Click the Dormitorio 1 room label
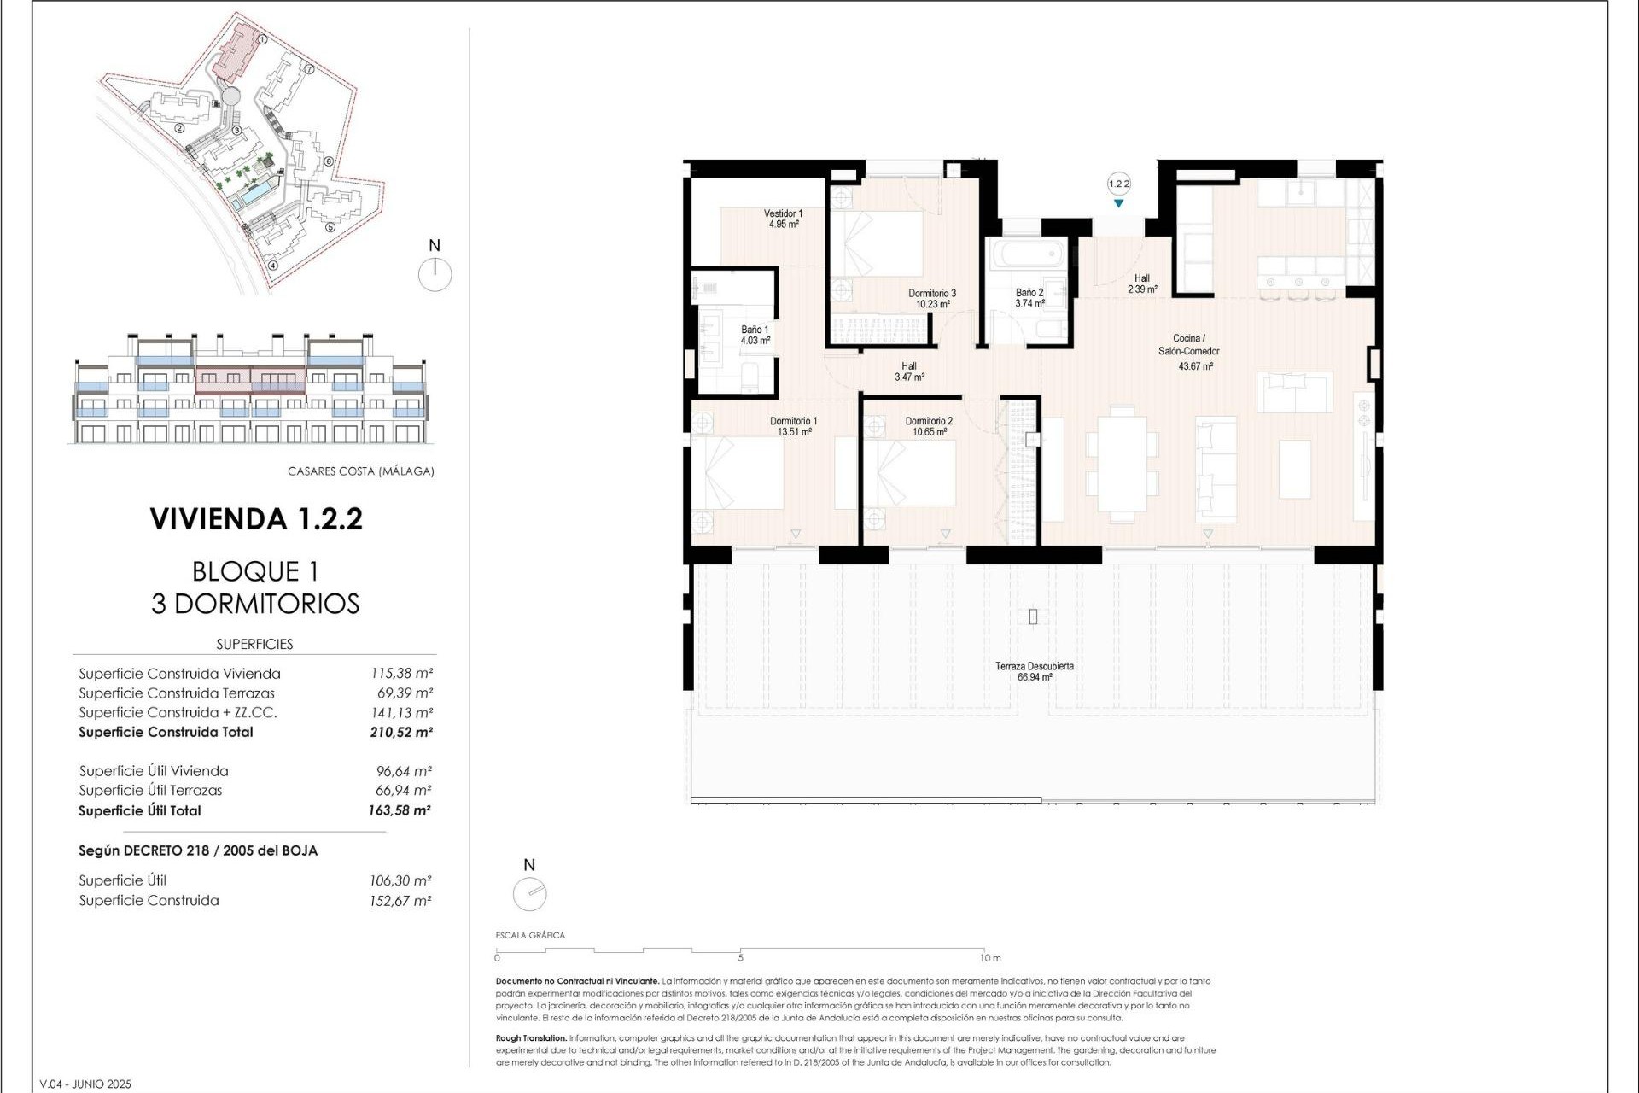pos(793,421)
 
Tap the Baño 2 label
pos(1029,292)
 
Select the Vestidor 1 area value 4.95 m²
pos(783,225)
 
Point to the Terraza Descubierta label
pos(1034,666)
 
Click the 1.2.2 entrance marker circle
pos(1118,184)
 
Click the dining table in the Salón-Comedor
pos(1122,465)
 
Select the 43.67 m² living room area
pos(1195,366)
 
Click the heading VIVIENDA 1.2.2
pos(256,519)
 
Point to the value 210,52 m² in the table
pos(400,732)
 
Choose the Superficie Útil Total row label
pos(140,811)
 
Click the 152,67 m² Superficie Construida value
pos(400,901)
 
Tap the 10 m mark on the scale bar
pos(990,958)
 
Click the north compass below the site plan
pos(435,273)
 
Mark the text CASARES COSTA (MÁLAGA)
pos(360,471)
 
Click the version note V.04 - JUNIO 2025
pos(85,1084)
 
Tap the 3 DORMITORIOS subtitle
pos(255,604)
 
